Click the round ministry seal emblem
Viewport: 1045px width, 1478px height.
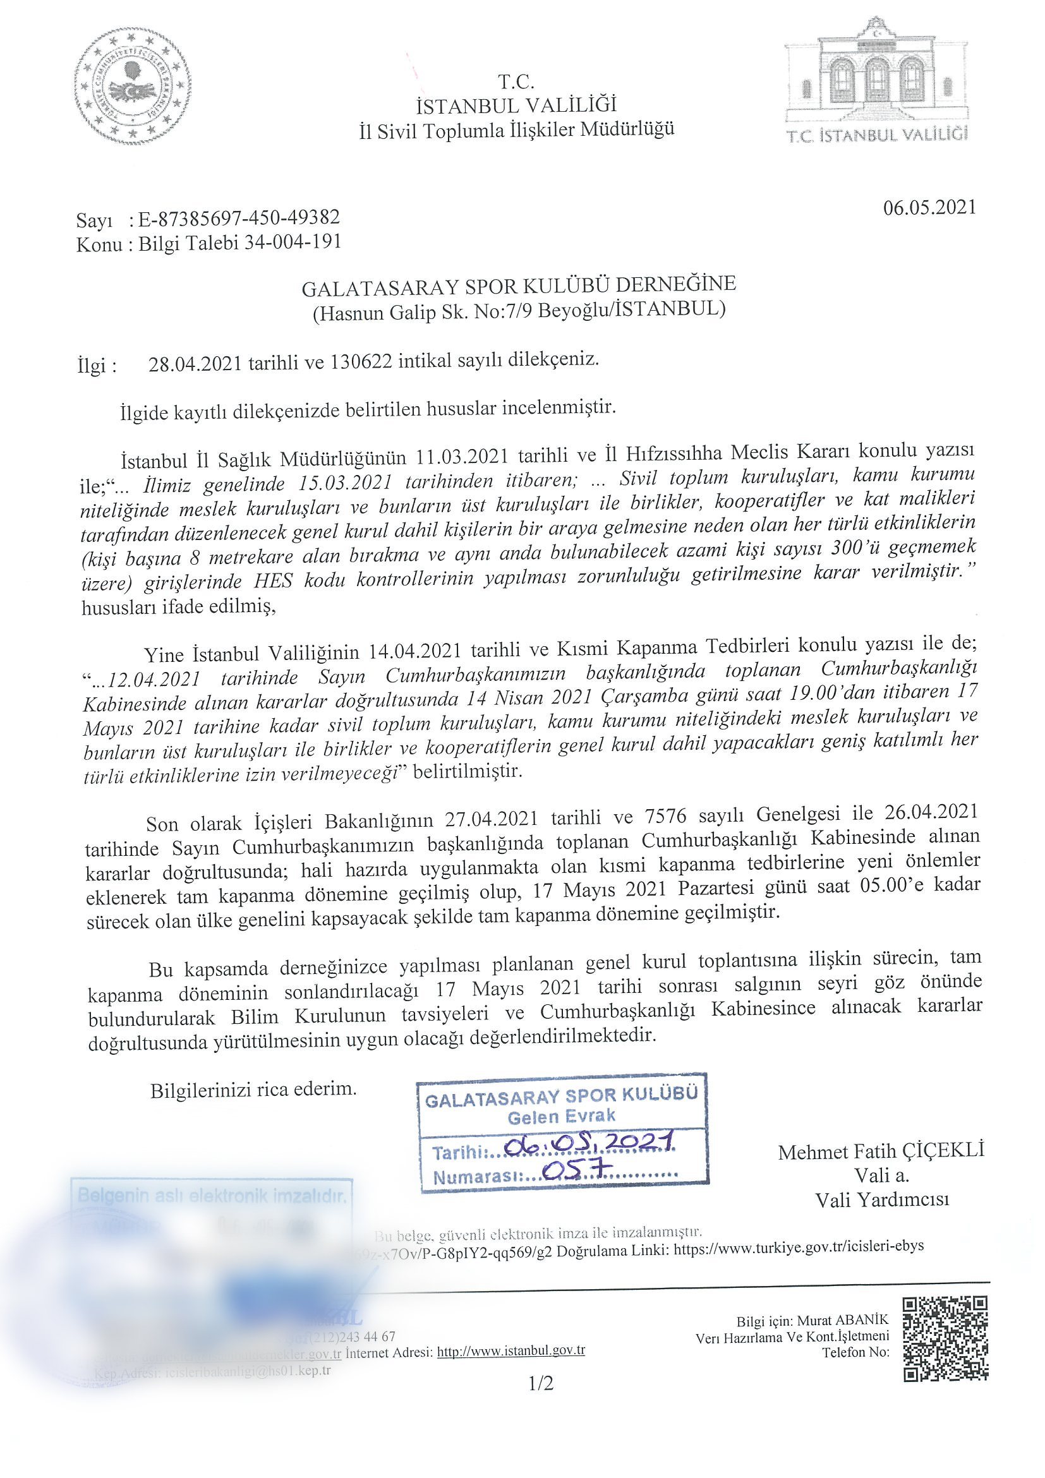(133, 87)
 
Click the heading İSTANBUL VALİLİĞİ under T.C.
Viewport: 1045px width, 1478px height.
(516, 105)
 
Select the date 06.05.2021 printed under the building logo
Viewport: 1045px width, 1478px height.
(929, 207)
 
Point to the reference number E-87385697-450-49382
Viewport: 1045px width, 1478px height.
(239, 218)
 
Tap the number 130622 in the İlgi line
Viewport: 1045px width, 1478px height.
(361, 362)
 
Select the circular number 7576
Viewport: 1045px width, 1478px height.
(667, 816)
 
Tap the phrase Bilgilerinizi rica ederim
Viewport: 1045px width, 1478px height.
(253, 1090)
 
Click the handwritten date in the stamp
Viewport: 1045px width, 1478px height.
(589, 1141)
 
